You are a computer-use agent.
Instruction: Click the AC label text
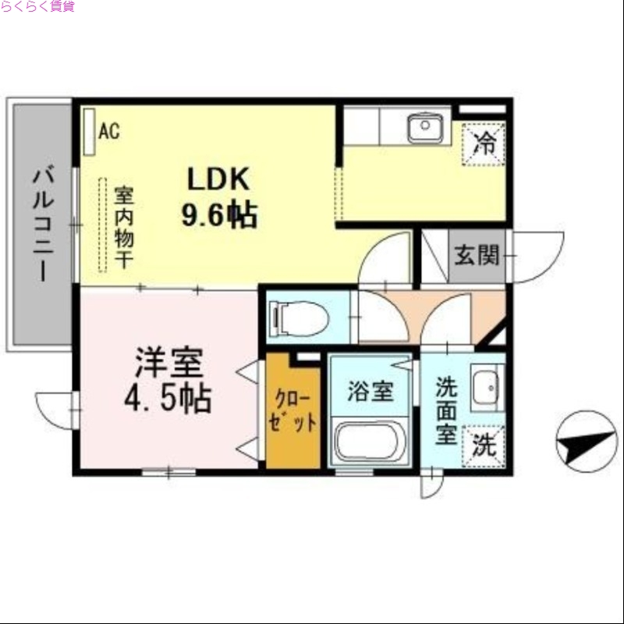(x=109, y=130)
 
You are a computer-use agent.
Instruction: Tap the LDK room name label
(x=217, y=179)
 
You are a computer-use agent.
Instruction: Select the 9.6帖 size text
(x=219, y=214)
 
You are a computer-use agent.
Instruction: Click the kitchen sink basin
(x=425, y=127)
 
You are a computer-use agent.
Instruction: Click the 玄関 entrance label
(x=477, y=254)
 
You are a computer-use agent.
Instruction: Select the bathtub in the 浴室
(x=370, y=441)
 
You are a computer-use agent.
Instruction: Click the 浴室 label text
(x=370, y=392)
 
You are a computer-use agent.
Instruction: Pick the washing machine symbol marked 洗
(x=484, y=446)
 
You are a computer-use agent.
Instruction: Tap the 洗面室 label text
(x=445, y=410)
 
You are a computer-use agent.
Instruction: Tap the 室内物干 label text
(x=123, y=226)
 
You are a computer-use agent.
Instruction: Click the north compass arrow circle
(x=587, y=441)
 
